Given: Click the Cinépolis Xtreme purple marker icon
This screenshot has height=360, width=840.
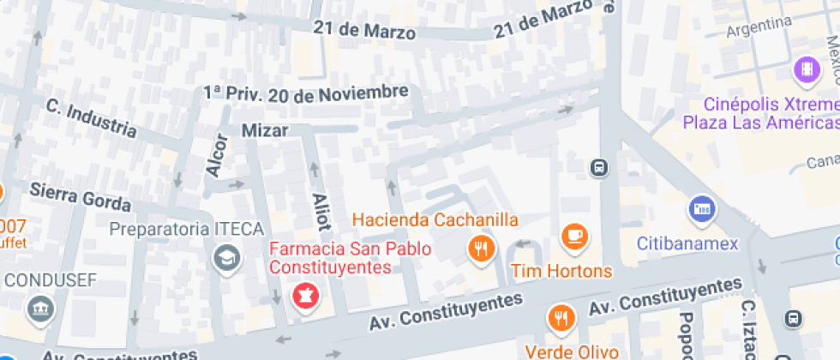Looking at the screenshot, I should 807,69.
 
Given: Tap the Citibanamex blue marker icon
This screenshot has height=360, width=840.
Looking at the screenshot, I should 701,209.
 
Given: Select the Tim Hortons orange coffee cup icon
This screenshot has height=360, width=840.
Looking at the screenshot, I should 573,236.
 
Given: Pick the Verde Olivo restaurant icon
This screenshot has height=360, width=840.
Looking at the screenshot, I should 561,318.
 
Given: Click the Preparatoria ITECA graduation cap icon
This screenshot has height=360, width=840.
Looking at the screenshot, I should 226,257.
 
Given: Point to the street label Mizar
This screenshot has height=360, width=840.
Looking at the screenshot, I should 265,130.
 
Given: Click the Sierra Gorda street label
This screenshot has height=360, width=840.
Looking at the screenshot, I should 81,196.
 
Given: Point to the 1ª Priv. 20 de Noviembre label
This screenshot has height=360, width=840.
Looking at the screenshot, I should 305,93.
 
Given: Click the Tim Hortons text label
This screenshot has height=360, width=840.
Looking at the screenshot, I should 561,272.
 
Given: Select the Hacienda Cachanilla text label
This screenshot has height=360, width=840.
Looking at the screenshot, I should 435,219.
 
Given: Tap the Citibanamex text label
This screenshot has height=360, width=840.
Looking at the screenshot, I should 687,243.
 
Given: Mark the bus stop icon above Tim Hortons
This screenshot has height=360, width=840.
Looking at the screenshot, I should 598,167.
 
